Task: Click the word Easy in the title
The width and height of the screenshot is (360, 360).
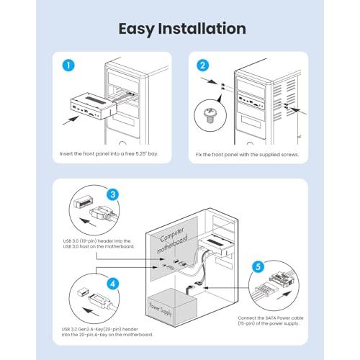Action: pos(136,29)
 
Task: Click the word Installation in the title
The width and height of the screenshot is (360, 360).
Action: pos(202,29)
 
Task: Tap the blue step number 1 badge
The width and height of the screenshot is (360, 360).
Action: pos(68,66)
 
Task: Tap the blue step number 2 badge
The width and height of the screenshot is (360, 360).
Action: pos(202,66)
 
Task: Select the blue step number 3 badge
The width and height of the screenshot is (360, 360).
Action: pos(113,194)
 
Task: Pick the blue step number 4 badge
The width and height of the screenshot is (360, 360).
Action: pos(113,284)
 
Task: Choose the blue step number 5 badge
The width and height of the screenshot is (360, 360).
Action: pos(258,267)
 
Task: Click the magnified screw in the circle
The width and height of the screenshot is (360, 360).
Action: pos(210,115)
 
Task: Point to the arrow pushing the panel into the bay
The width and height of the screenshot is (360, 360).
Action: pos(71,120)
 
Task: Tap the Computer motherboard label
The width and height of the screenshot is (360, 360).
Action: pos(173,240)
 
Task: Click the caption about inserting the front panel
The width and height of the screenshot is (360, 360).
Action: pos(109,153)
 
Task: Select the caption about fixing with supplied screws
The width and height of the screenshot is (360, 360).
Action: pos(247,155)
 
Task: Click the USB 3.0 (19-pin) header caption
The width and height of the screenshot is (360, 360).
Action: pos(99,243)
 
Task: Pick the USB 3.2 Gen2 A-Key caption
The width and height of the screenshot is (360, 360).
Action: pos(107,332)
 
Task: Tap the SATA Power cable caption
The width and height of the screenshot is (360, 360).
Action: pos(271,320)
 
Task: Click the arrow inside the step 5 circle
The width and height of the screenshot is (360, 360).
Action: pos(284,295)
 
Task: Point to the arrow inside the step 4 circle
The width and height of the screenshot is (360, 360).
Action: pos(91,311)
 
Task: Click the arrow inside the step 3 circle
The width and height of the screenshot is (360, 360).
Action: pos(88,222)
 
